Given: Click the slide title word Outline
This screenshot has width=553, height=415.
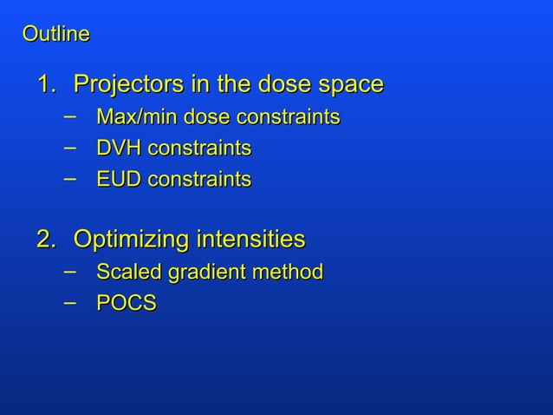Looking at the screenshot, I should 55,35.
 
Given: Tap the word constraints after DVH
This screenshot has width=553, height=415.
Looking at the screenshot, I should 199,148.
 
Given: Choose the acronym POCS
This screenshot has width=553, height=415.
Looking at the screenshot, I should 127,304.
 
